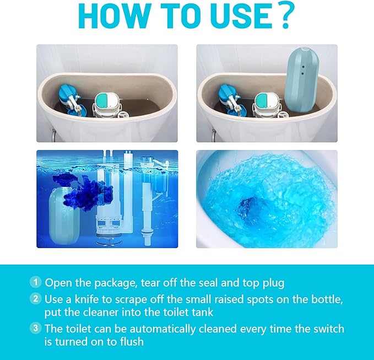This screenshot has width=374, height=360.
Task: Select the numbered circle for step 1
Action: [36, 283]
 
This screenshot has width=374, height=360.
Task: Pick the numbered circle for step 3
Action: [36, 329]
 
